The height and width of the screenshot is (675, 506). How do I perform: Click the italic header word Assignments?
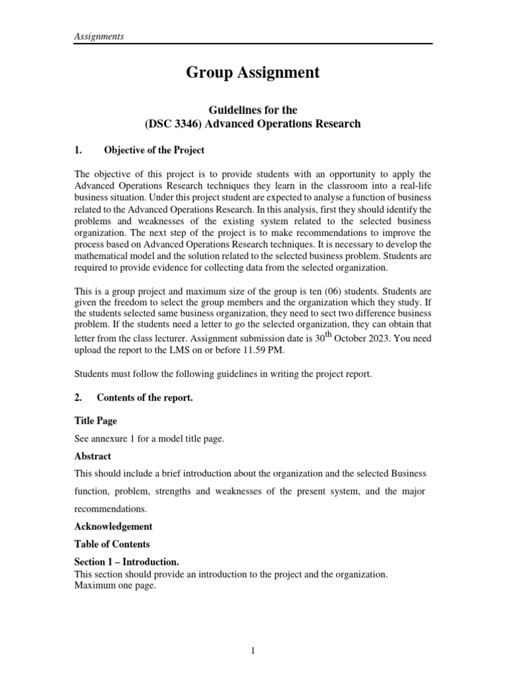click(x=98, y=36)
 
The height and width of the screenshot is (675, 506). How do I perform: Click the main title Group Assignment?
click(x=253, y=73)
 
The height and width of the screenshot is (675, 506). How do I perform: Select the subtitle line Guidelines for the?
click(x=253, y=110)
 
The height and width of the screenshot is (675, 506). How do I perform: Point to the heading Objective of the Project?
click(x=154, y=150)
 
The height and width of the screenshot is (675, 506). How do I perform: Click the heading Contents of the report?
click(x=144, y=397)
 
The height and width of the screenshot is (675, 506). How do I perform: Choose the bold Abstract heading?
click(x=92, y=456)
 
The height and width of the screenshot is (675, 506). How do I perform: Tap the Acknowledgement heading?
click(x=113, y=527)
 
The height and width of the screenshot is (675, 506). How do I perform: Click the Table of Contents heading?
click(x=111, y=544)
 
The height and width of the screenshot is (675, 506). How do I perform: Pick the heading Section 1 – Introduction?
click(x=126, y=562)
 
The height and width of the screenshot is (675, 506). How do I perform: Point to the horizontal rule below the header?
click(x=253, y=44)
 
